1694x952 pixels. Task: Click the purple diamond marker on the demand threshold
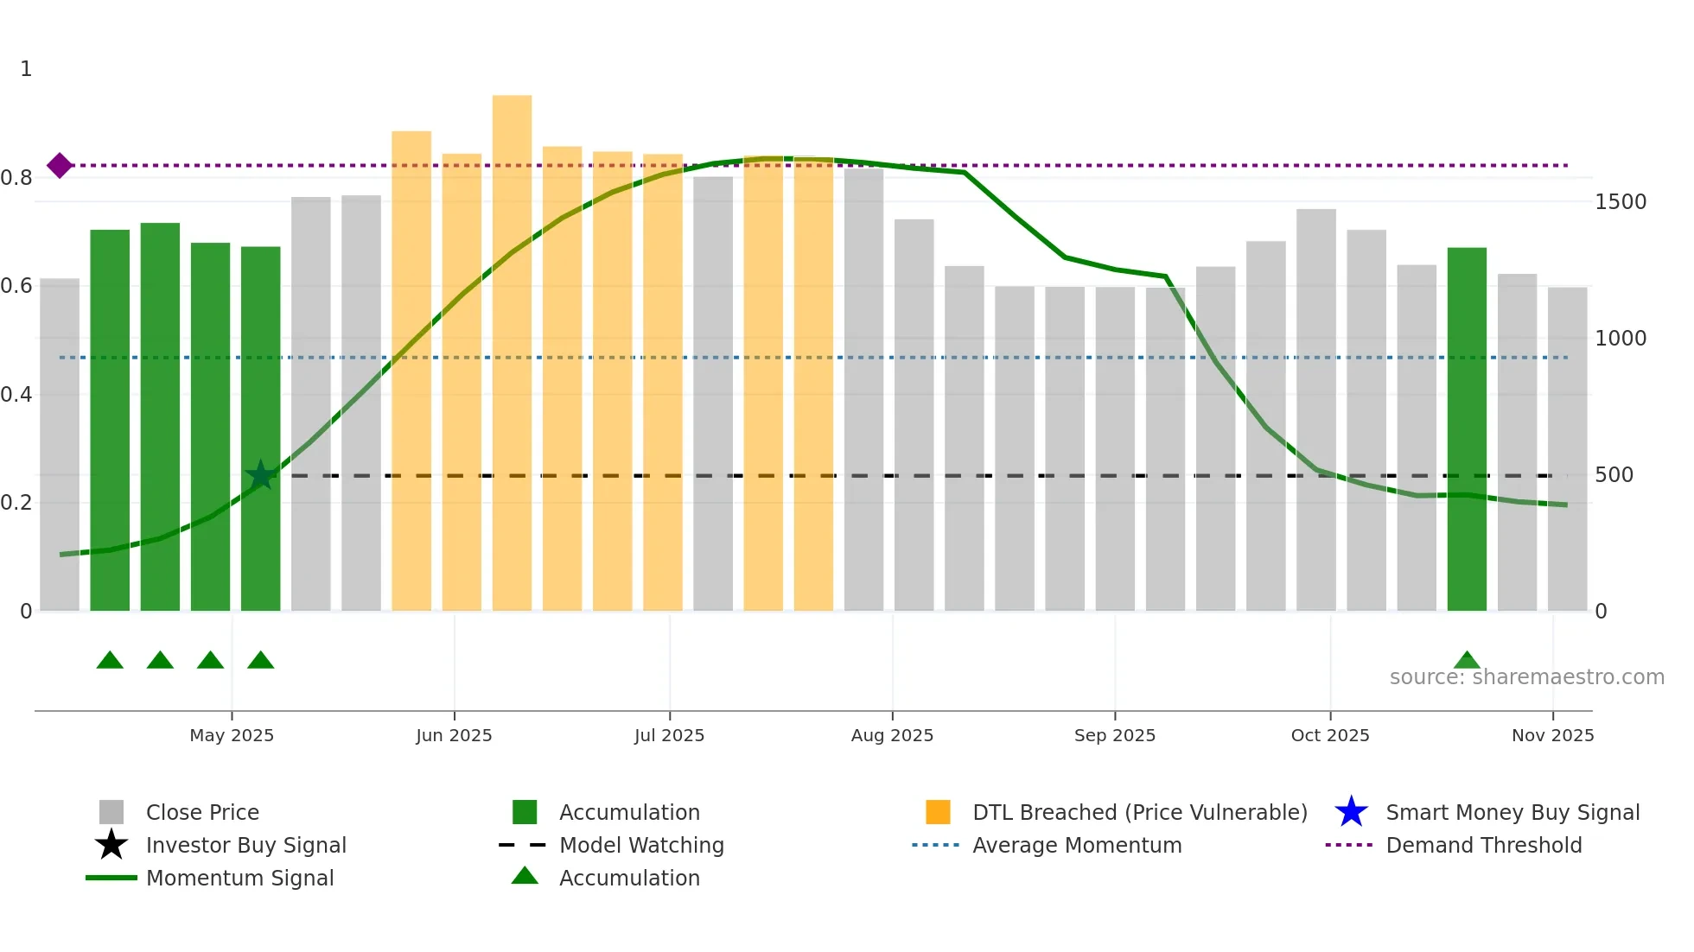point(60,165)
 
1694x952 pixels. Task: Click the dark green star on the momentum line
point(260,475)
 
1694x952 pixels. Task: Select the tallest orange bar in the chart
point(512,354)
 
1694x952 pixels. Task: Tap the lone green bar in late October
point(1467,432)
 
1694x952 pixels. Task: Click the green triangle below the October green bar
point(1467,661)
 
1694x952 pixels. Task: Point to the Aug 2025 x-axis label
point(892,735)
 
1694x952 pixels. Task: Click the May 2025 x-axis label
point(232,735)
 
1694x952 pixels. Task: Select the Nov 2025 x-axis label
point(1552,735)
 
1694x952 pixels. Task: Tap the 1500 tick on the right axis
point(1621,202)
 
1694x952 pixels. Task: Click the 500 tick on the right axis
point(1614,475)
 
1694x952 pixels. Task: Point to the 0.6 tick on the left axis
point(16,286)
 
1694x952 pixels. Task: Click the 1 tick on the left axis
point(26,69)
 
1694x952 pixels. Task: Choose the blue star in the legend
point(1351,812)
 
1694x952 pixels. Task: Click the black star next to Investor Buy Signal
point(111,845)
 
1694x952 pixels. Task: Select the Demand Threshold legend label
point(1483,845)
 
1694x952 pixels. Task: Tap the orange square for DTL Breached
point(938,812)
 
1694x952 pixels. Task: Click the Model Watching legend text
point(641,845)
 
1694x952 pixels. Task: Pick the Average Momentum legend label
point(1077,845)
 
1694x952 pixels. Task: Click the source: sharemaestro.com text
point(1526,677)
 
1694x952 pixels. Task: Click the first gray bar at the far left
point(60,445)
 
